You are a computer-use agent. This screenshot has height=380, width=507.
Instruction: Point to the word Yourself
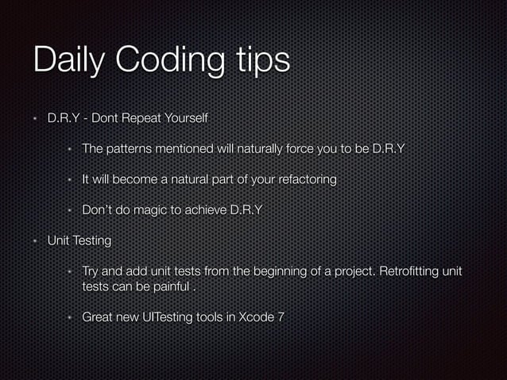[x=184, y=118]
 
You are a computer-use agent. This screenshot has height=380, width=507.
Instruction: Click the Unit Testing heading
[x=79, y=240]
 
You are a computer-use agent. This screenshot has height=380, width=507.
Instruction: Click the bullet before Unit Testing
[x=34, y=240]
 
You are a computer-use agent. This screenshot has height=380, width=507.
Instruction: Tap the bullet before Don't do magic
[x=70, y=210]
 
